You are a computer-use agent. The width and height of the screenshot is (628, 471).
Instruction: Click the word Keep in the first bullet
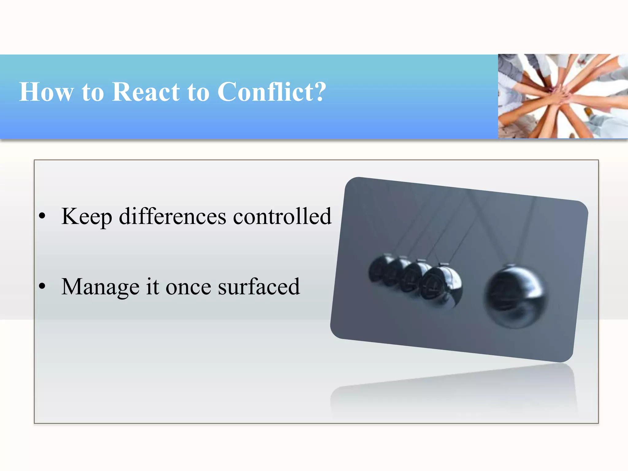[x=87, y=217]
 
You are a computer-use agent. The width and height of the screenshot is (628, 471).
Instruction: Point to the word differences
[x=172, y=216]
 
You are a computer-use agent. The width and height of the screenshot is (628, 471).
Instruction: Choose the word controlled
[x=282, y=216]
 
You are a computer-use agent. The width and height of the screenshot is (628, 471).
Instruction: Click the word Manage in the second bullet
[x=100, y=287]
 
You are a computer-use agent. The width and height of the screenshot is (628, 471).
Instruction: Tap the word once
[x=188, y=287]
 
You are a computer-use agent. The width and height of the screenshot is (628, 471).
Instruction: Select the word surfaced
[x=258, y=287]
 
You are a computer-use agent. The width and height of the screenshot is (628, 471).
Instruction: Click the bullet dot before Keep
[x=42, y=216]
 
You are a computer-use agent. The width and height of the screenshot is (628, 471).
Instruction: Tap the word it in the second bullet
[x=152, y=286]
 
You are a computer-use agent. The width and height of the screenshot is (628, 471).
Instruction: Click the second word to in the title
[x=198, y=92]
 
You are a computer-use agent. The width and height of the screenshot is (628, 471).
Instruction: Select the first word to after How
[x=93, y=92]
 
